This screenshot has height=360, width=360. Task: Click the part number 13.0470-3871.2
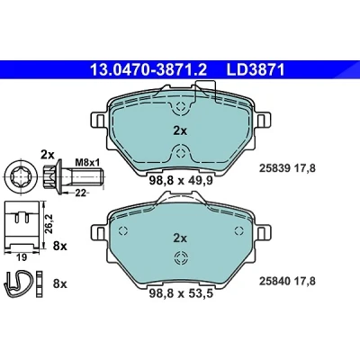[148, 70]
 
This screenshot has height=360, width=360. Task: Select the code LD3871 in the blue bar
[255, 70]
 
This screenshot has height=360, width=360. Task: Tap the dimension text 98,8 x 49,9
[181, 181]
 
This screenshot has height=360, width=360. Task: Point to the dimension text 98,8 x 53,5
[181, 293]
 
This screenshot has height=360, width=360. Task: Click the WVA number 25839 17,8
[287, 168]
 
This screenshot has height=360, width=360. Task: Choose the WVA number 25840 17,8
[287, 281]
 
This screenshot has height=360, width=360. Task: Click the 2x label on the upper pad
[180, 130]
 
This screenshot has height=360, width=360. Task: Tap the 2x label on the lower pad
[180, 238]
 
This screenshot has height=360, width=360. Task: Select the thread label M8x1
[87, 163]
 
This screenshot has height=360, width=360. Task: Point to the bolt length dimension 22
[80, 193]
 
